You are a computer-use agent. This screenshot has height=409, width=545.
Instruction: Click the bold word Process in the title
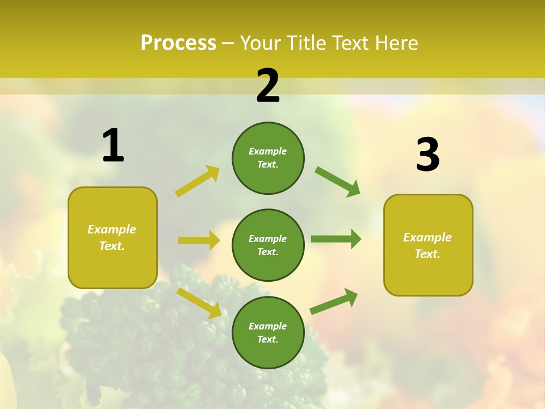pos(178,43)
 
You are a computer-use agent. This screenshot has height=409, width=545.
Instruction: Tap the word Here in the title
pos(395,43)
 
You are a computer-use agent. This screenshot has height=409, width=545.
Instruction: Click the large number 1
pos(113,146)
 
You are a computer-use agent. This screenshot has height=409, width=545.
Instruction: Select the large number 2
pos(268,86)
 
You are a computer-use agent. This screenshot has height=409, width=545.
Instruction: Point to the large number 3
pos(427,155)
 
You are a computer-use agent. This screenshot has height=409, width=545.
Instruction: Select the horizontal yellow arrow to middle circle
pos(199,240)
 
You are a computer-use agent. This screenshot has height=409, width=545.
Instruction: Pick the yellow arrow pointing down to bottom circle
pos(199,303)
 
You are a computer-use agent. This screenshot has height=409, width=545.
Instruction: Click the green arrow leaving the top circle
pos(338,181)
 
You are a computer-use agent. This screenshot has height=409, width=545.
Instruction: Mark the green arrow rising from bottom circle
pos(334,302)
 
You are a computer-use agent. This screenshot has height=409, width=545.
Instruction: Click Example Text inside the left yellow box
pos(112,237)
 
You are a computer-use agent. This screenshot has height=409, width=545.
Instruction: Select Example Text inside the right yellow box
pos(427,245)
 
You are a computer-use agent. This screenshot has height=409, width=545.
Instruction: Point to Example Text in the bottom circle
pos(268,332)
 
